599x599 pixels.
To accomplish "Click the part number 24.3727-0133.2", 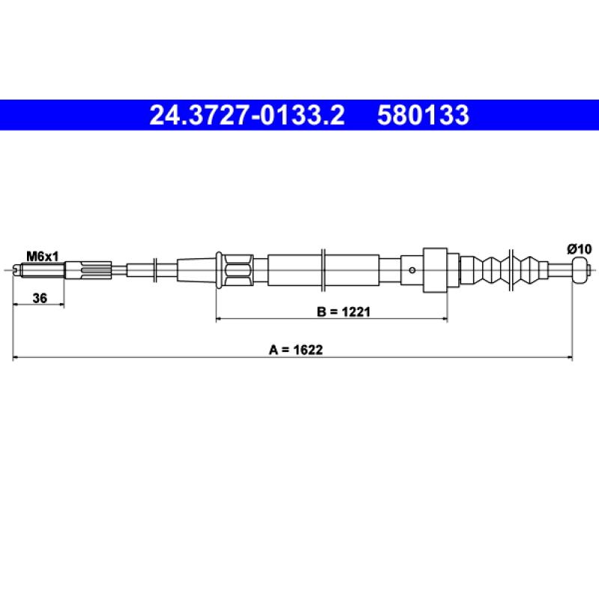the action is (x=247, y=115).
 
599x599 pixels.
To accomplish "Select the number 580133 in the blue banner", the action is (x=423, y=115).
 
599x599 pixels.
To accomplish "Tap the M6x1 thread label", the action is (x=43, y=257).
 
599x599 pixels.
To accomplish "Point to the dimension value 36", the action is (x=40, y=298).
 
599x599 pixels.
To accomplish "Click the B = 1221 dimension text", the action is (x=344, y=312).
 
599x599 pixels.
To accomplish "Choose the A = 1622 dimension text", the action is (x=296, y=350).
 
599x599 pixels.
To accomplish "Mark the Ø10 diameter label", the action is (x=579, y=249).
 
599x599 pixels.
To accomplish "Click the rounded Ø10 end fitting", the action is (x=579, y=270).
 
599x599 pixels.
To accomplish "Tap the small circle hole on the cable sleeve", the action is (x=413, y=270).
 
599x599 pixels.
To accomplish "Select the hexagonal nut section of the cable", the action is (x=238, y=270).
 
